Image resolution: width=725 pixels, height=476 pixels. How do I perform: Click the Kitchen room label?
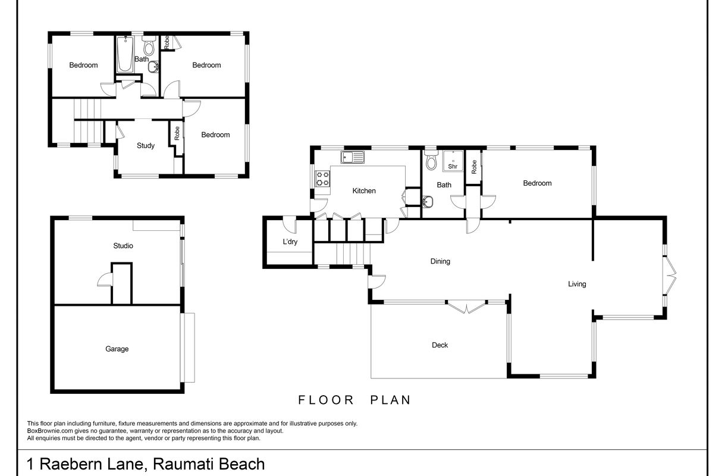tap(364, 191)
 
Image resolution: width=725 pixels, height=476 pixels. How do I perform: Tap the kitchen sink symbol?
tap(352, 157)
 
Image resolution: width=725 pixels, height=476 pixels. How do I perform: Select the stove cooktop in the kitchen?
tap(322, 178)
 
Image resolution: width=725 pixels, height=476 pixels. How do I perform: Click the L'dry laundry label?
tap(290, 242)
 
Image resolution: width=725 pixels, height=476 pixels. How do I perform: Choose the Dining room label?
tap(440, 261)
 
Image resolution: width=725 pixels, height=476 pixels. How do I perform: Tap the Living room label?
tap(577, 284)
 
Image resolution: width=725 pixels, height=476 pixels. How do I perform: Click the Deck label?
tap(440, 345)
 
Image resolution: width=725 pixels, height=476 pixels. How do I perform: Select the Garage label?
tap(117, 349)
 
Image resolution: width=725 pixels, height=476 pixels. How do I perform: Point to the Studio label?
tap(123, 246)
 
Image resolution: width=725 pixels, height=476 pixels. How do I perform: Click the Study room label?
tap(146, 146)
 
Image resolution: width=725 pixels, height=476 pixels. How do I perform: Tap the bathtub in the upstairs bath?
tap(125, 55)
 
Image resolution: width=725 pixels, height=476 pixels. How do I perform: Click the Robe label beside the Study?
tap(177, 133)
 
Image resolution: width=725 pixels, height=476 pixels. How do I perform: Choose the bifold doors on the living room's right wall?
tap(670, 275)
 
